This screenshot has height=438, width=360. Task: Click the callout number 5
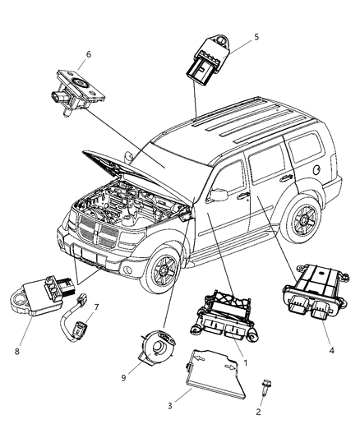point(257,37)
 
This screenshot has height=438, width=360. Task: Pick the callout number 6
point(88,55)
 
